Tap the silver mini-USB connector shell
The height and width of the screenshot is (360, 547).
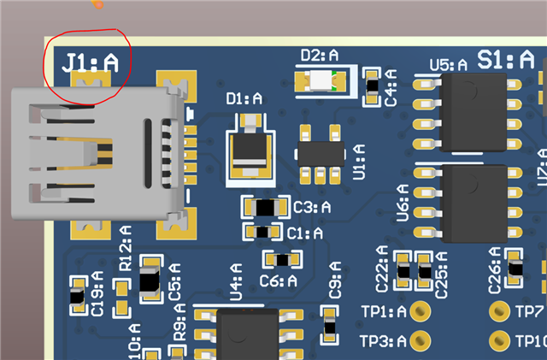click(94, 153)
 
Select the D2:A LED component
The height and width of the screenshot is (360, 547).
click(319, 81)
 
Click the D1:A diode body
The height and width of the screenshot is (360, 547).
click(250, 154)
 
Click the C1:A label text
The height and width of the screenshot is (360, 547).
click(305, 233)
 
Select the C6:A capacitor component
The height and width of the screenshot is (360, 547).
click(281, 259)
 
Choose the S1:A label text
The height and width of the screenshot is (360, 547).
click(506, 59)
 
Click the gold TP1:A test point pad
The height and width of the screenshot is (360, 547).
click(420, 311)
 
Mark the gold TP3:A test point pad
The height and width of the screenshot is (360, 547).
click(420, 341)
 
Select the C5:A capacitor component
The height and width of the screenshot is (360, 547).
click(150, 280)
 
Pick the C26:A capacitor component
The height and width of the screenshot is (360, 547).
click(514, 269)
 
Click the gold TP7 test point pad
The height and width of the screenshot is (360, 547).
click(499, 311)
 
